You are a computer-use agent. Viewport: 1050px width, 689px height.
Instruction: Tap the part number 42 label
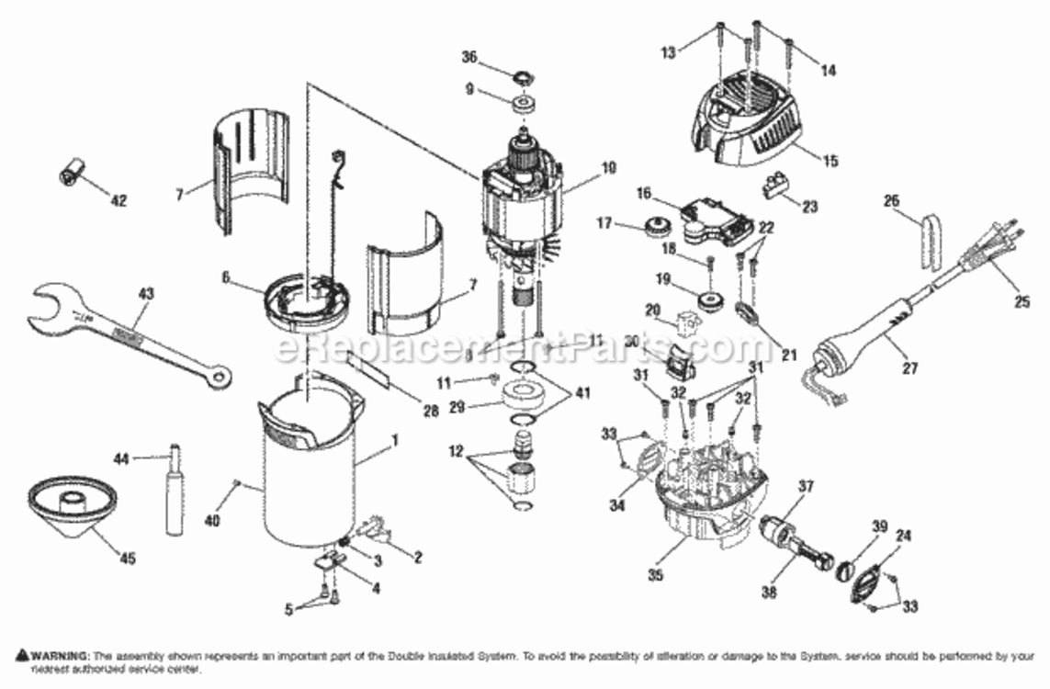[x=119, y=200]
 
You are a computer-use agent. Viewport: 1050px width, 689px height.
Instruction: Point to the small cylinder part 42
[x=72, y=172]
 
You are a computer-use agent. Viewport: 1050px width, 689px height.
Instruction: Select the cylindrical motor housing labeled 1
[x=308, y=478]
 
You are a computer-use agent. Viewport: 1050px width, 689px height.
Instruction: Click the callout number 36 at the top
[x=469, y=56]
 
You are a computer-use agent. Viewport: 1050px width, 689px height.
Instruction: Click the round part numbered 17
[x=658, y=225]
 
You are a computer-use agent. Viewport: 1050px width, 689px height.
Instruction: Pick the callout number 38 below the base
[x=769, y=593]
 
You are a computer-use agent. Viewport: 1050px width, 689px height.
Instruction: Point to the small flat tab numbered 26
[x=931, y=242]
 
